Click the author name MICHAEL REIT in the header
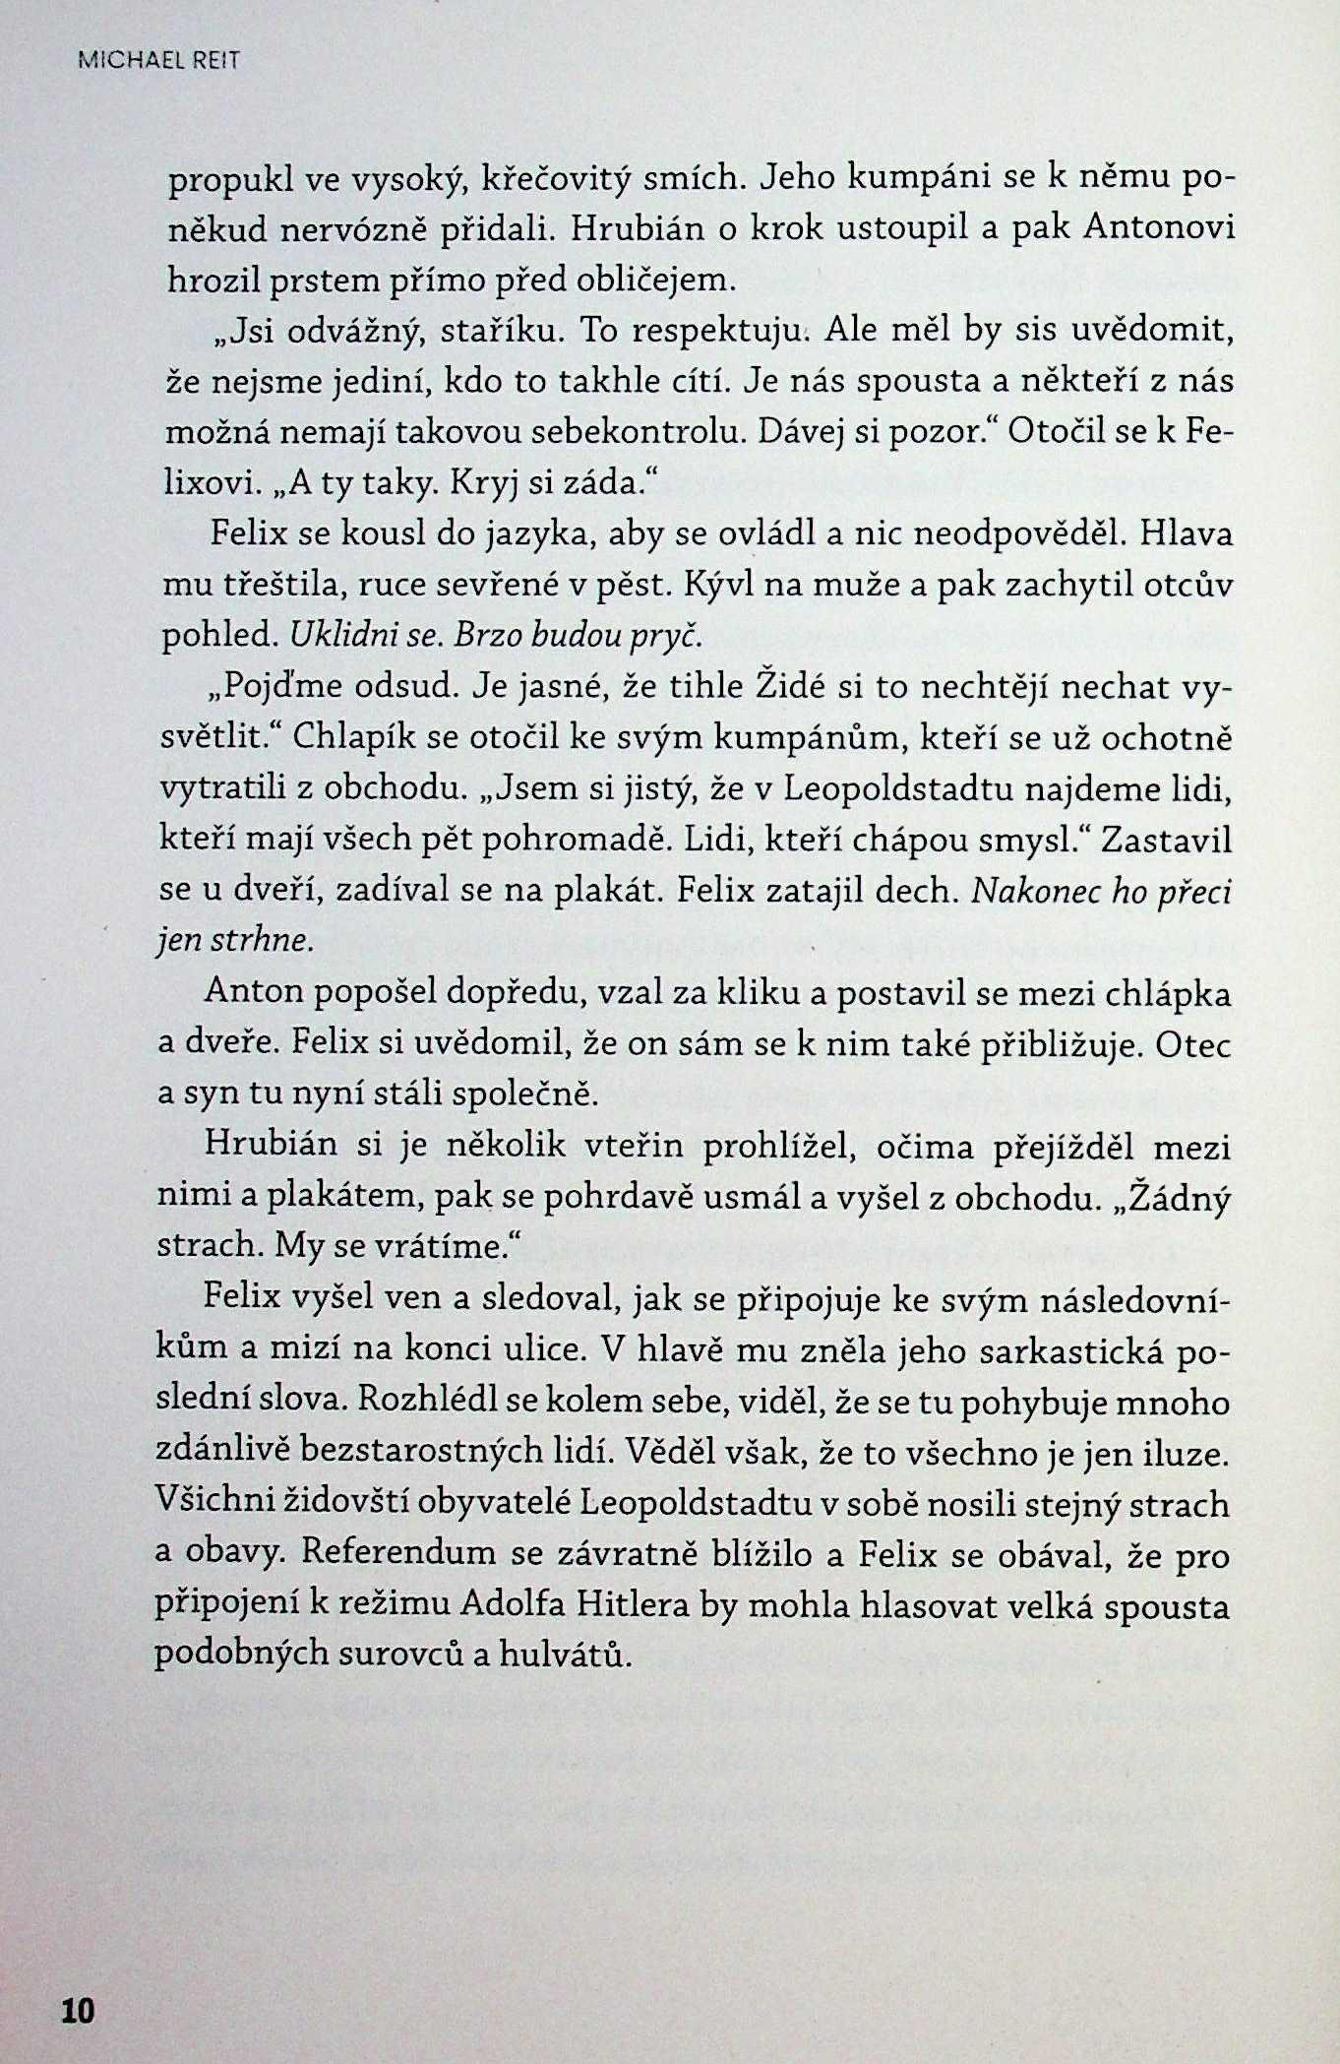coord(157,61)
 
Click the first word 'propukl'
coord(216,181)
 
